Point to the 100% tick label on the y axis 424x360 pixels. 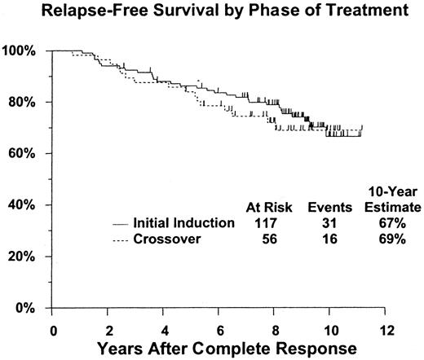20,51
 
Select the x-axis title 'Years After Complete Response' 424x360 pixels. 219,349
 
